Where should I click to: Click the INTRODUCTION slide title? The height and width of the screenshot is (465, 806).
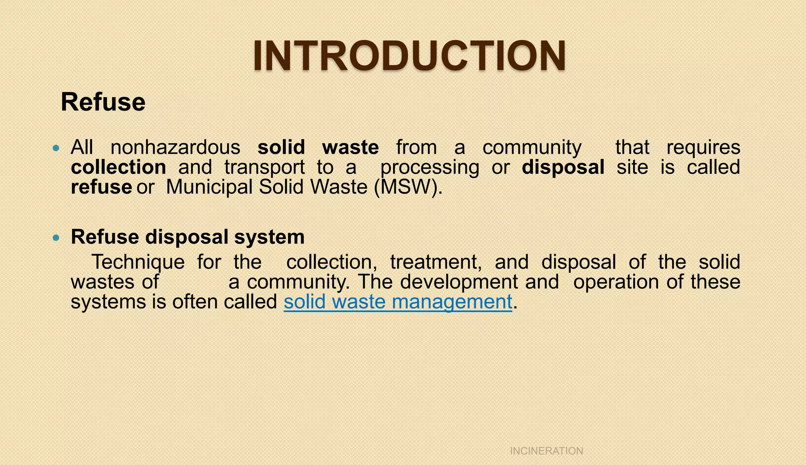[409, 56]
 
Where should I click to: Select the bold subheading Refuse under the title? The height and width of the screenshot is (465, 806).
[103, 102]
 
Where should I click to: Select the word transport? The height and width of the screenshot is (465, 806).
[264, 168]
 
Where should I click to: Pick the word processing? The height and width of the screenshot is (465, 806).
[430, 168]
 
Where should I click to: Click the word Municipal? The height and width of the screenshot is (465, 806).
[209, 187]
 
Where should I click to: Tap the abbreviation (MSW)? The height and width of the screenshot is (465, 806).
[408, 187]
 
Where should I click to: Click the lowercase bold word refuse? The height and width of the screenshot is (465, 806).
[101, 187]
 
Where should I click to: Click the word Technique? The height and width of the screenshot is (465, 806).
[138, 262]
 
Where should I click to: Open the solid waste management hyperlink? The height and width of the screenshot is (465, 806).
[398, 302]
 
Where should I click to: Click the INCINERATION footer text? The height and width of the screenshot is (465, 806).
[546, 451]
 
